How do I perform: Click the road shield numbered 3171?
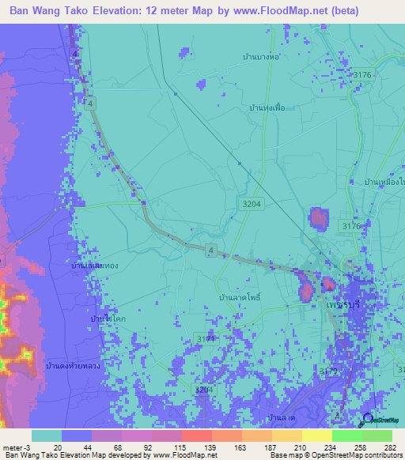(x=206, y=338)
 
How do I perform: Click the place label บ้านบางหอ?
(x=263, y=58)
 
